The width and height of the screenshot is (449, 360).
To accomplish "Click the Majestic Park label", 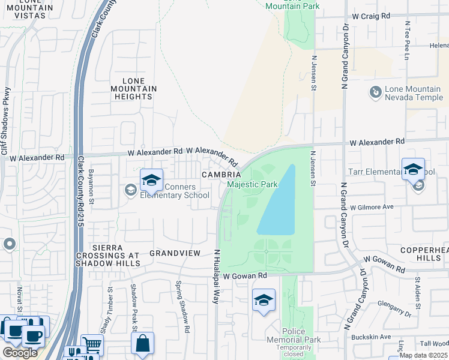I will pyautogui.click(x=252, y=184).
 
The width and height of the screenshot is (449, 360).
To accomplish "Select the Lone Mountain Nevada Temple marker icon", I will pyautogui.click(x=375, y=92).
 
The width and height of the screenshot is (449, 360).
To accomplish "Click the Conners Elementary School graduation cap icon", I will pyautogui.click(x=152, y=179).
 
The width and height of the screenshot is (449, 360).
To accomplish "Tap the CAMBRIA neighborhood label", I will pyautogui.click(x=221, y=174).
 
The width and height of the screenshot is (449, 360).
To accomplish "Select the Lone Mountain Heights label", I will pyautogui.click(x=139, y=88).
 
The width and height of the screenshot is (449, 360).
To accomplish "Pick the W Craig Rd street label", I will pyautogui.click(x=371, y=16).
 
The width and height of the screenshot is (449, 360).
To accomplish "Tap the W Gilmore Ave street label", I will pyautogui.click(x=372, y=206).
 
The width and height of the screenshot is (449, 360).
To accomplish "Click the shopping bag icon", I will pyautogui.click(x=142, y=343).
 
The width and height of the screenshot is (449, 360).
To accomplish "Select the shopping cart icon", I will pyautogui.click(x=92, y=344).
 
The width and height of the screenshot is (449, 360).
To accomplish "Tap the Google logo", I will pyautogui.click(x=20, y=353).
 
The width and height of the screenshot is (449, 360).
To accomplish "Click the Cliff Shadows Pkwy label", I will pyautogui.click(x=6, y=120).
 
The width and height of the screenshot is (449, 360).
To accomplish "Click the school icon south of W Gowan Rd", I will pyautogui.click(x=263, y=300).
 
